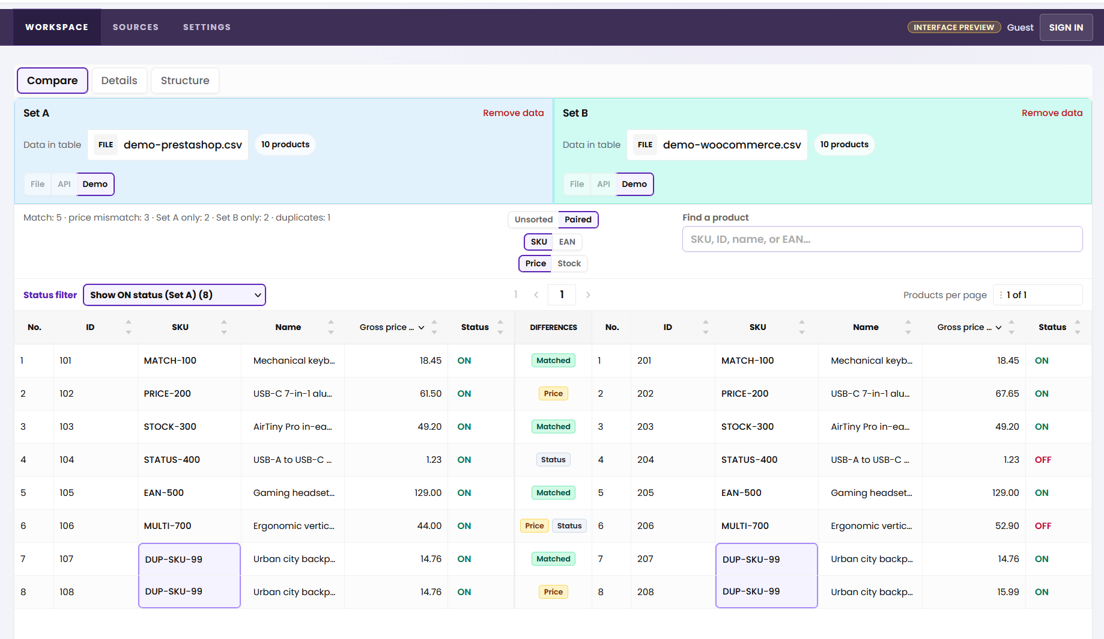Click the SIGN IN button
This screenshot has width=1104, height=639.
pyautogui.click(x=1066, y=28)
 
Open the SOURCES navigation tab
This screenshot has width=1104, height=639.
pyautogui.click(x=136, y=27)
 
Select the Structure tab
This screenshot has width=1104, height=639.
pyautogui.click(x=185, y=81)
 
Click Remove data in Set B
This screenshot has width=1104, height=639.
pyautogui.click(x=1052, y=113)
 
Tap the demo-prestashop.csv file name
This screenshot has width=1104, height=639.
pyautogui.click(x=183, y=145)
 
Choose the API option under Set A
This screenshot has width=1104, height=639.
pyautogui.click(x=64, y=184)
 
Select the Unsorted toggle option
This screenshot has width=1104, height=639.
pyautogui.click(x=533, y=219)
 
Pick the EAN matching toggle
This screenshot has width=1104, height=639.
pyautogui.click(x=567, y=242)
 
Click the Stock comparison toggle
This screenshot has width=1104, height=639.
pyautogui.click(x=569, y=263)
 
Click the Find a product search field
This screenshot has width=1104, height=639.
pyautogui.click(x=882, y=239)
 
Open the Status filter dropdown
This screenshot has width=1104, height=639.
pyautogui.click(x=174, y=295)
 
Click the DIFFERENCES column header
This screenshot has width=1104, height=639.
pyautogui.click(x=553, y=328)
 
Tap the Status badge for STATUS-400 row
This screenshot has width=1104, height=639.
pyautogui.click(x=553, y=460)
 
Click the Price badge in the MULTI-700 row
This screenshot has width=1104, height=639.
pyautogui.click(x=534, y=526)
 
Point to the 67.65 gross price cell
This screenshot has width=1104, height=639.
pyautogui.click(x=1007, y=394)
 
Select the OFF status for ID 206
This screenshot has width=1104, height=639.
pyautogui.click(x=1043, y=526)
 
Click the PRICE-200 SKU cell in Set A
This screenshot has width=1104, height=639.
pyautogui.click(x=167, y=394)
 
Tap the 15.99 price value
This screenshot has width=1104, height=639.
pyautogui.click(x=1008, y=592)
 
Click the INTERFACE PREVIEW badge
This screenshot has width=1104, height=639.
pyautogui.click(x=954, y=28)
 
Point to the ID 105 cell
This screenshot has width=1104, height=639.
pyautogui.click(x=67, y=493)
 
